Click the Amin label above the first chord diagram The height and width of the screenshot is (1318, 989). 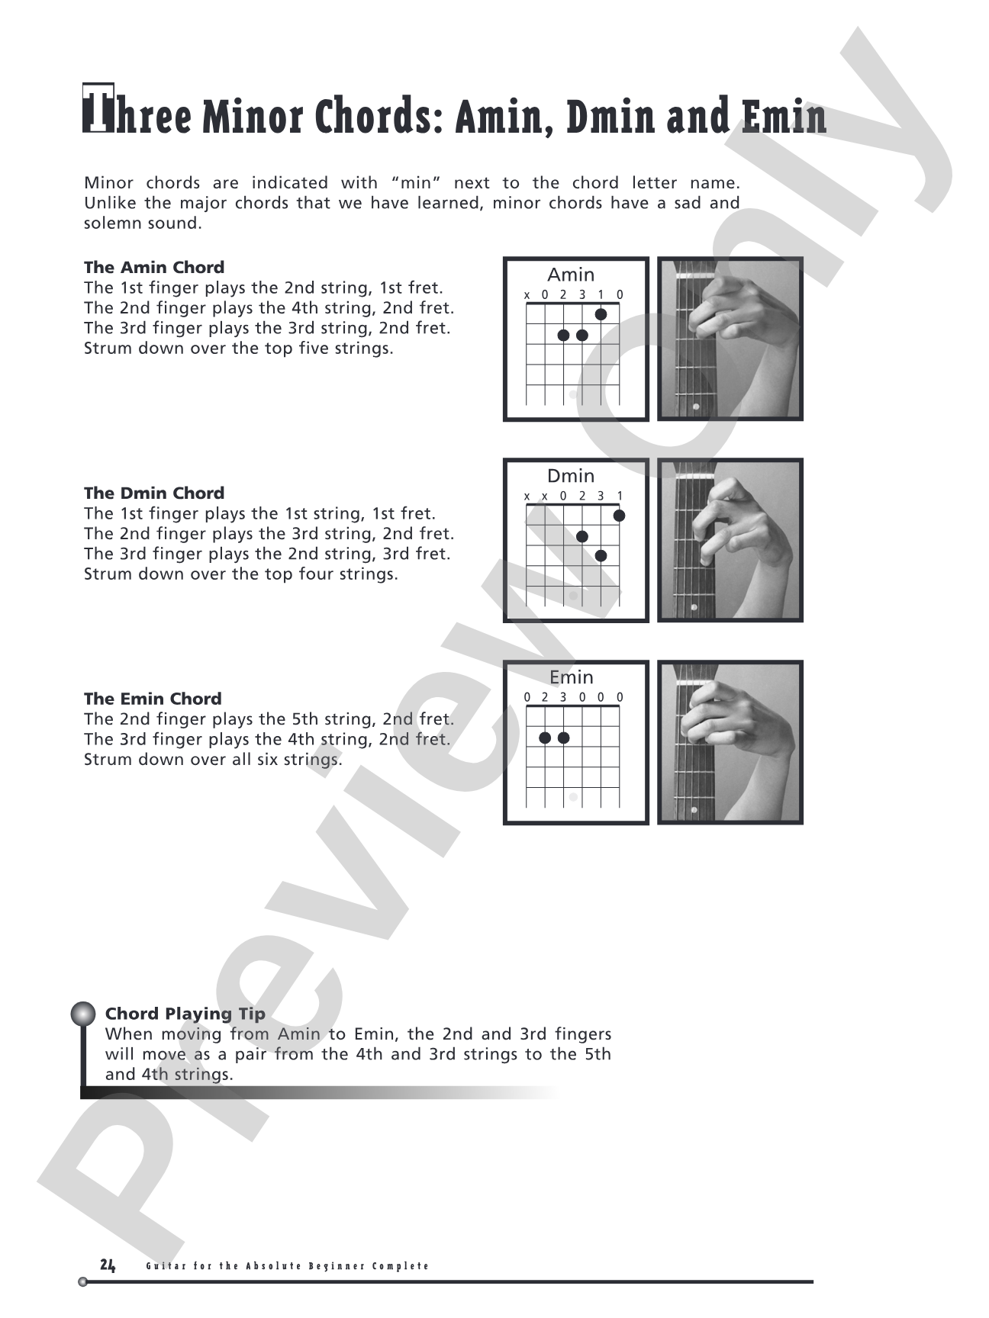click(571, 275)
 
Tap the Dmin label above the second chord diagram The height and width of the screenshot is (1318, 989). click(571, 476)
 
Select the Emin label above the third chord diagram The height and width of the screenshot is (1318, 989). click(572, 677)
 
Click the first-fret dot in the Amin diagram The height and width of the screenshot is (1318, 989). click(601, 314)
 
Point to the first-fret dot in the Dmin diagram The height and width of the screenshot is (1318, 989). click(619, 516)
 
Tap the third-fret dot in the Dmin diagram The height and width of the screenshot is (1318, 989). click(601, 556)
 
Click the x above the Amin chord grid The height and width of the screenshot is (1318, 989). click(527, 295)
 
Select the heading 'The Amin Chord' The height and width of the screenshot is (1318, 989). click(154, 268)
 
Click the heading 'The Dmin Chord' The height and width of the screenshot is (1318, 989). click(154, 493)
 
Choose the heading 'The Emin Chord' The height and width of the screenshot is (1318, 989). click(153, 699)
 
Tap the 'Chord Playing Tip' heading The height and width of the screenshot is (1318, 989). click(185, 1014)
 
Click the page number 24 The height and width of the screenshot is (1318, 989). click(108, 1265)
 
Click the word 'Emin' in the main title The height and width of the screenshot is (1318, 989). click(784, 117)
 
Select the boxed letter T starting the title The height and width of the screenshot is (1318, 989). click(98, 108)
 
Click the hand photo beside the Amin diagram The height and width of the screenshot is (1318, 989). click(730, 339)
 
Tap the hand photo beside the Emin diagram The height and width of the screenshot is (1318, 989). click(730, 742)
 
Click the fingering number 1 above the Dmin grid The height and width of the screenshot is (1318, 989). click(620, 496)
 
